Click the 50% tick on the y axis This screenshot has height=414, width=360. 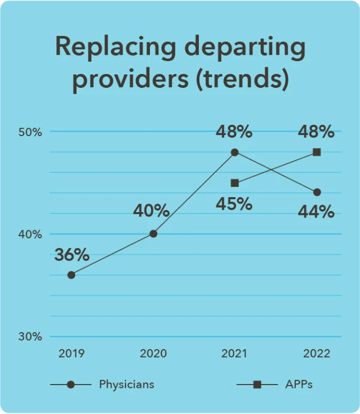pos(31,132)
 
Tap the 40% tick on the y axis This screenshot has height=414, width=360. pos(31,235)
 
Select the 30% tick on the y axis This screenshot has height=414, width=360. pos(31,337)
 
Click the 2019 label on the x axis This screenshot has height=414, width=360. pos(71,353)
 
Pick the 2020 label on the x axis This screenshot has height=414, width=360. pos(153,353)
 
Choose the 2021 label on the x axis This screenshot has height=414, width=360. pos(234,353)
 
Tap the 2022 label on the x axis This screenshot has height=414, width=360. pos(317,353)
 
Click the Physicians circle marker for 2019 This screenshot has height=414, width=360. pos(71,275)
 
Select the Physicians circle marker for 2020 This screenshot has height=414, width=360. pos(153,234)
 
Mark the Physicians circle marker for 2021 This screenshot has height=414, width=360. pos(235,152)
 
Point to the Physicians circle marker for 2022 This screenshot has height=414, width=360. pos(317,192)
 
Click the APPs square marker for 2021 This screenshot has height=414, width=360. pos(235,183)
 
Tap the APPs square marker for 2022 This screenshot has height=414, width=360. pos(317,152)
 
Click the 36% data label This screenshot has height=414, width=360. pos(72,255)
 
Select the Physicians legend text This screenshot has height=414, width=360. pos(126,384)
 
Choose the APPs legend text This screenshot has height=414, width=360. pos(299,384)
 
